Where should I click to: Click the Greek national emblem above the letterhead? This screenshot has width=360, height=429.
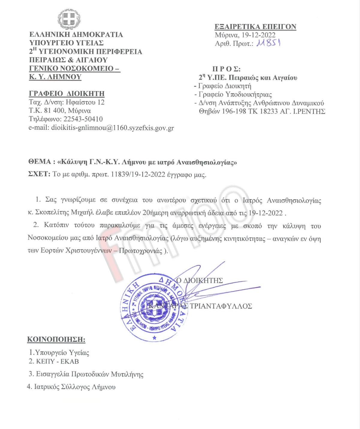(69, 19)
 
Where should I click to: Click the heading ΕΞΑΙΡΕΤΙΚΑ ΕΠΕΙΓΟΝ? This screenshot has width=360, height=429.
(255, 27)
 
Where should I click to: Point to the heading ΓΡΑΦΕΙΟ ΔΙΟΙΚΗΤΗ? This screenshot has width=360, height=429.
(67, 94)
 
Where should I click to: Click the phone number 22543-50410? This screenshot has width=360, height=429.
(83, 119)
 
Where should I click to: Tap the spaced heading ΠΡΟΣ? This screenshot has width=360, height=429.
(226, 69)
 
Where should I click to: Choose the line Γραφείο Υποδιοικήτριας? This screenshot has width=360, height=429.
(235, 94)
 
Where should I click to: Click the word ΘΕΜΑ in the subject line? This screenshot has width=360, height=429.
(40, 162)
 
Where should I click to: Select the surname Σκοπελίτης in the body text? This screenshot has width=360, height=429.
(52, 213)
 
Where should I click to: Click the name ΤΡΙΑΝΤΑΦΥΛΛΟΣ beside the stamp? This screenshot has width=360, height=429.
(221, 306)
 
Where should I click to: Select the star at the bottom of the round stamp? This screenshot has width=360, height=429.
(154, 338)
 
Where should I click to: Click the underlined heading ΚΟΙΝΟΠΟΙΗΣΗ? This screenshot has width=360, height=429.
(56, 339)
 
